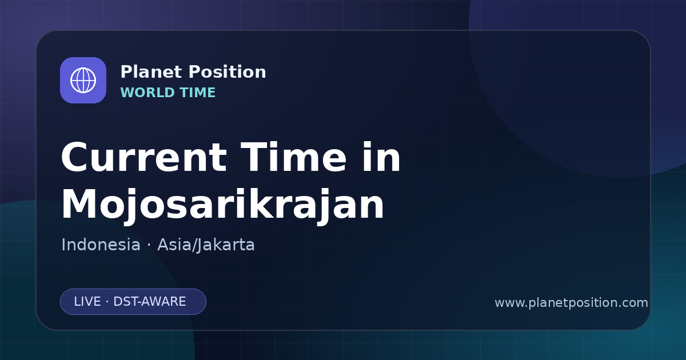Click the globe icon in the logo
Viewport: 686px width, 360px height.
(83, 80)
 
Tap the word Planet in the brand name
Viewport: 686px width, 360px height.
(151, 72)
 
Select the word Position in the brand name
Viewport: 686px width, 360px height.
(228, 72)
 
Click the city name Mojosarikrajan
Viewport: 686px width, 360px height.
(222, 205)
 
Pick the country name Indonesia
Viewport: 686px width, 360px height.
(101, 245)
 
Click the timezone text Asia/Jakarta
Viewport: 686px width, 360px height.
(206, 245)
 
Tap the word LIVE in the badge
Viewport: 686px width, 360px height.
(87, 302)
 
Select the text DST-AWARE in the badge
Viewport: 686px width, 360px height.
(149, 302)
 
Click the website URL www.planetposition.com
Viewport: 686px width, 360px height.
(571, 303)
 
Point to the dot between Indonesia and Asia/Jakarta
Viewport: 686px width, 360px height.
(149, 245)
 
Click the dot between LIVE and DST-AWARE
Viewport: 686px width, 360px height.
(107, 302)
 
